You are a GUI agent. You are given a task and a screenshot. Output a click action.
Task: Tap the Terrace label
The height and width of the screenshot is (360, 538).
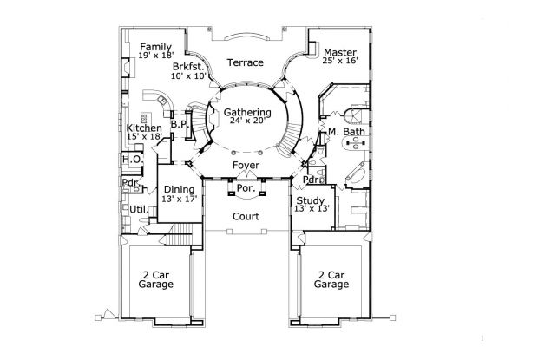coord(246,62)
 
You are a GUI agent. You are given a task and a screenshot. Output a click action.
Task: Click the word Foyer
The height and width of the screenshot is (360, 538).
coord(246,166)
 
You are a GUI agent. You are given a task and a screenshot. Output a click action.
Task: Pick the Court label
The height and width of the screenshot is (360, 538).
coord(246,217)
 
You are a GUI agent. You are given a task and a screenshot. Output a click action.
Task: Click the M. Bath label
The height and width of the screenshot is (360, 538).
coord(346,132)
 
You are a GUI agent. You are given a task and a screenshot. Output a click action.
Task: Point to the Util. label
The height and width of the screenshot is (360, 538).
coord(139,209)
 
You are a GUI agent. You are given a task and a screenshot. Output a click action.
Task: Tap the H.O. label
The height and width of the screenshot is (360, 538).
coord(132,160)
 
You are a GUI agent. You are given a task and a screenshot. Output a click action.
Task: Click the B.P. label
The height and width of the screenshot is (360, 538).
coord(180,124)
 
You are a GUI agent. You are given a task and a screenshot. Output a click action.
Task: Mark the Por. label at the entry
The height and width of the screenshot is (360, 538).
coord(246,188)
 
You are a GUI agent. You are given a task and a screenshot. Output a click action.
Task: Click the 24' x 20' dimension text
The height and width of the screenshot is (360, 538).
coord(247,121)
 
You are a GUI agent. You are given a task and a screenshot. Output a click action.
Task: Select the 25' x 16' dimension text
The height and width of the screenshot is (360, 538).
coord(340,61)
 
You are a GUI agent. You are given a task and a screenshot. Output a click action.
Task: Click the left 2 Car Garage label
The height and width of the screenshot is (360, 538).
coord(156,280)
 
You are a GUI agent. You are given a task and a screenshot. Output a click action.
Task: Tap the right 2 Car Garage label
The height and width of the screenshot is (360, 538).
coord(331,280)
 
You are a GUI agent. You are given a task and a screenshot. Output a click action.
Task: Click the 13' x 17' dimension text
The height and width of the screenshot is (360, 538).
coord(180,199)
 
